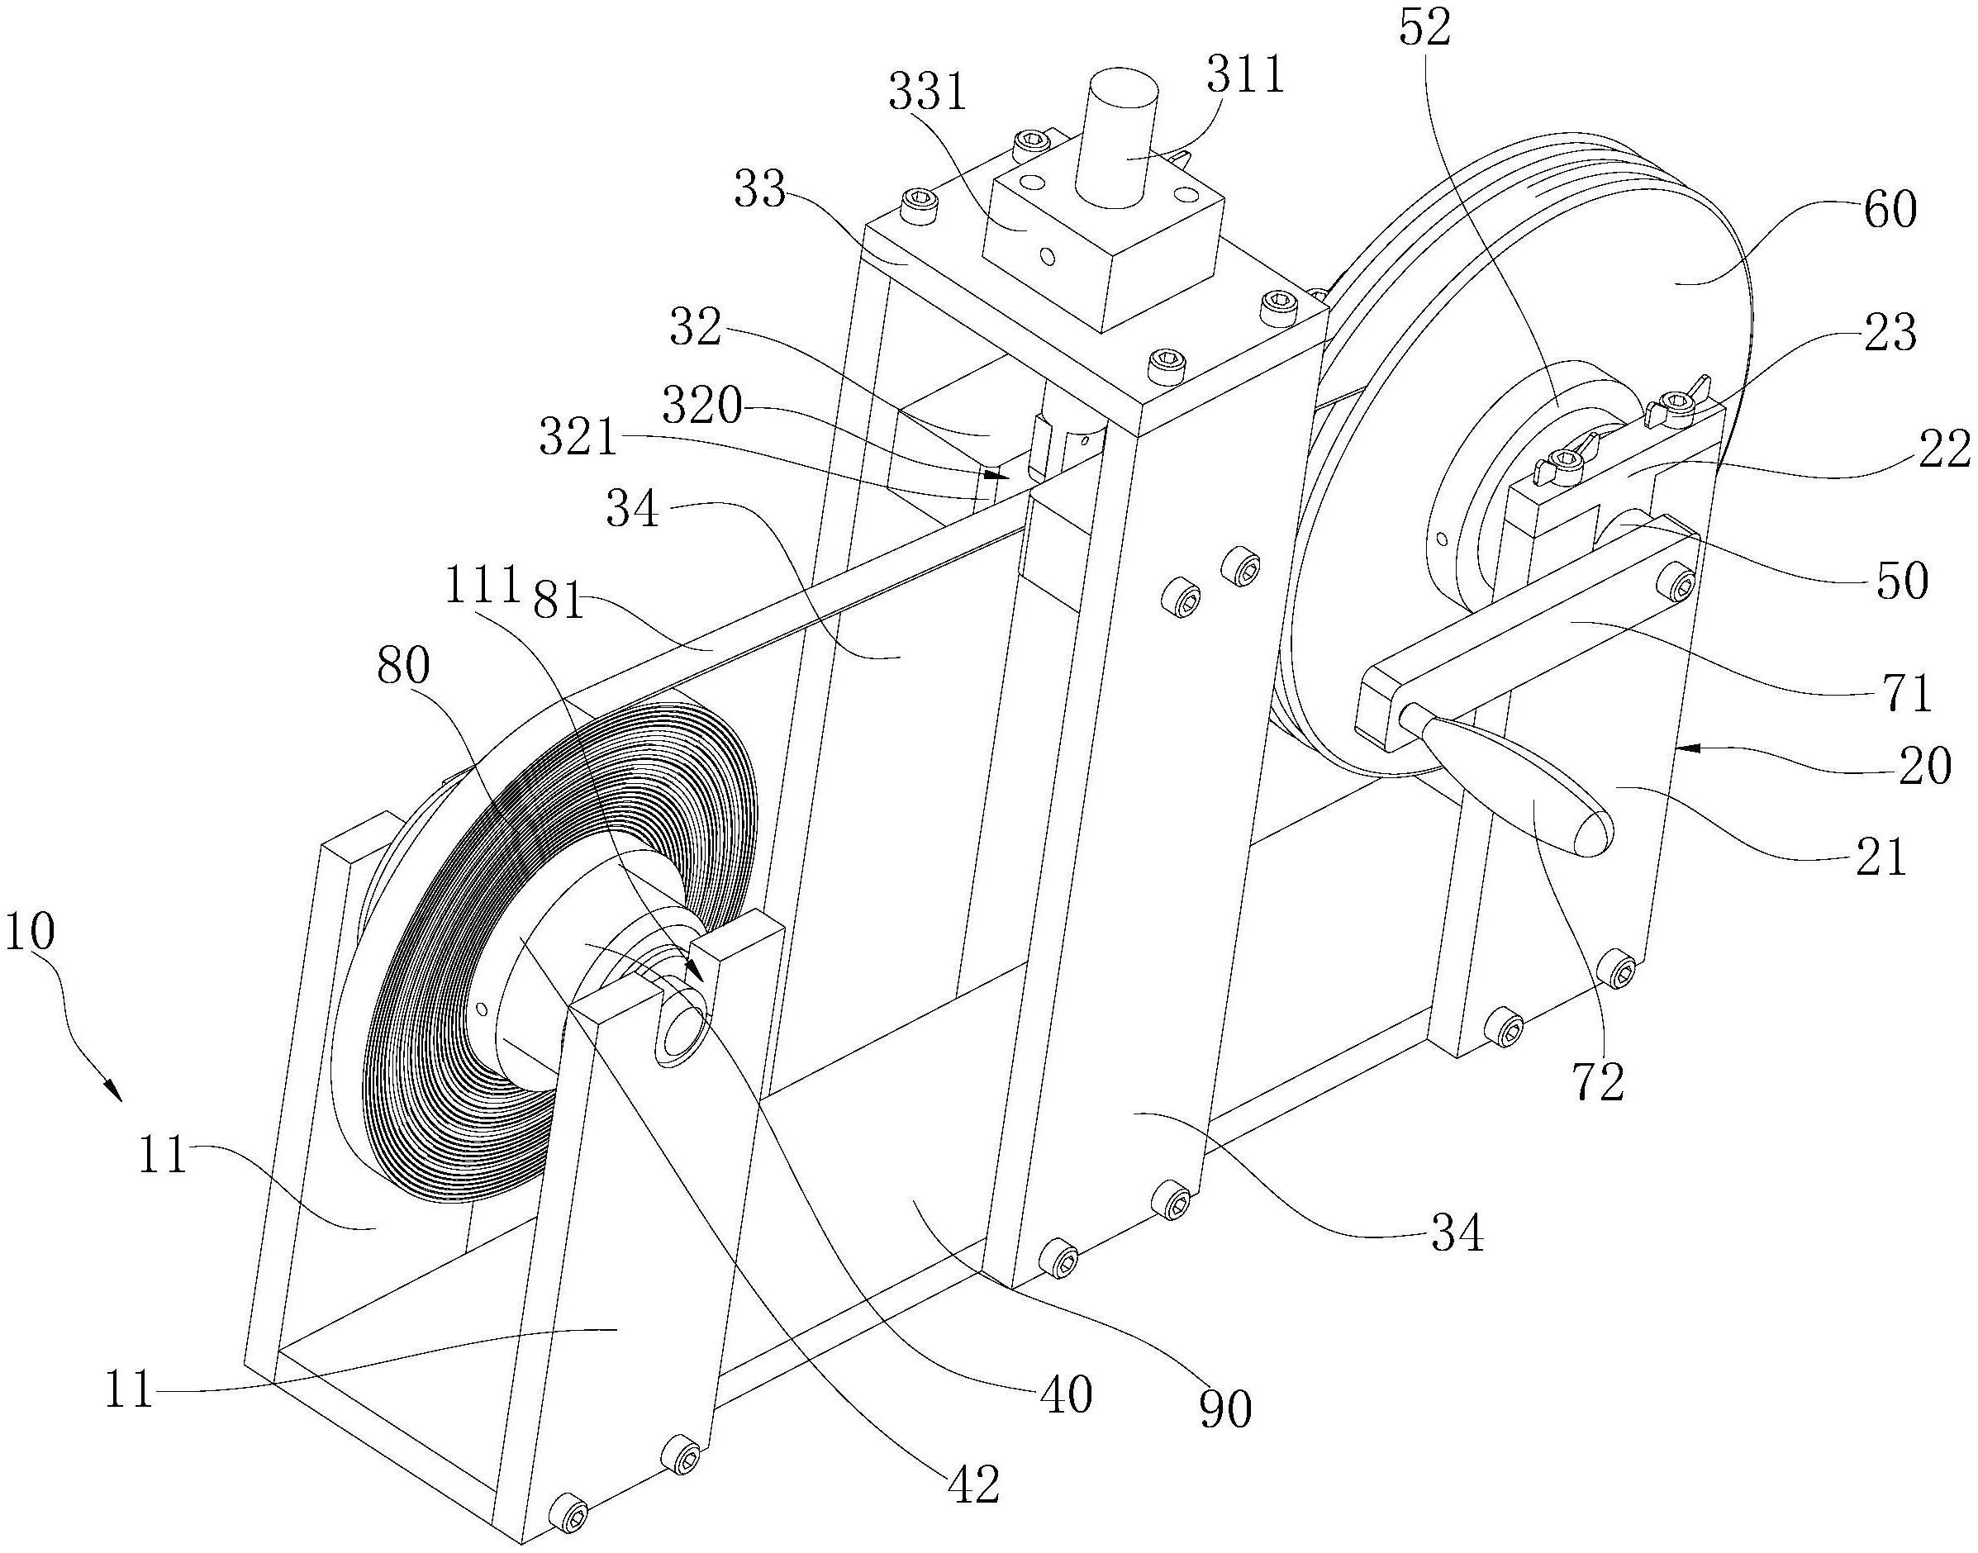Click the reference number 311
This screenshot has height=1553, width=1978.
1245,74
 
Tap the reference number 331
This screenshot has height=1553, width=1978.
927,93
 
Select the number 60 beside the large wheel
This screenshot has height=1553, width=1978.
1890,209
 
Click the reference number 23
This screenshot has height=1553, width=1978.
1890,334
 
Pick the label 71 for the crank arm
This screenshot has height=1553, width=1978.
1907,693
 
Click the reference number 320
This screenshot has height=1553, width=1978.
701,406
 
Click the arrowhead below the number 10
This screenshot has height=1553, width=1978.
112,1090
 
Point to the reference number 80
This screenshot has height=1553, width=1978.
404,667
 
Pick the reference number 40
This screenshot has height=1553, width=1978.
1066,1394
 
